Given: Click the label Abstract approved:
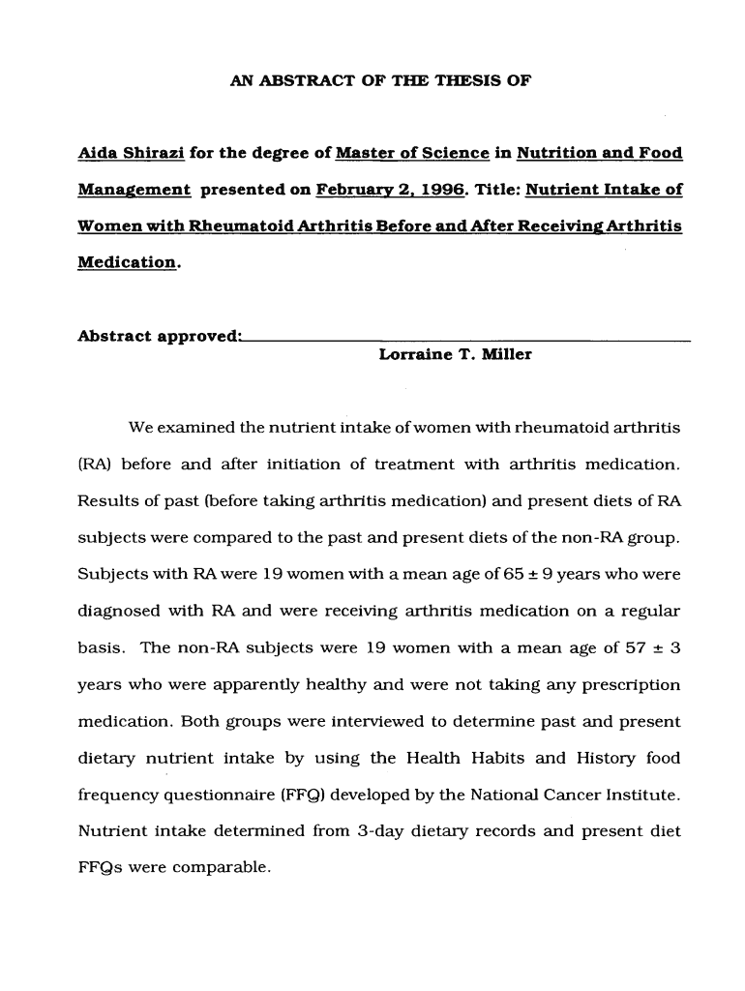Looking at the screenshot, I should [x=159, y=337].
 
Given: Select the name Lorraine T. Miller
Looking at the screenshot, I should [x=455, y=355].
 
